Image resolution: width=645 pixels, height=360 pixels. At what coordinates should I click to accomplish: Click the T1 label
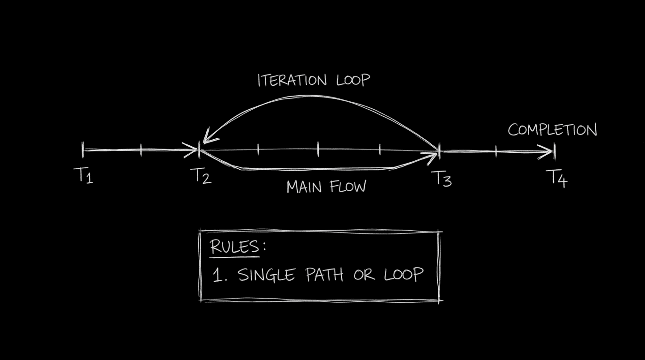point(83,175)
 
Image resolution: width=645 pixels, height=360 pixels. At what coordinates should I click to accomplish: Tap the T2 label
point(203,175)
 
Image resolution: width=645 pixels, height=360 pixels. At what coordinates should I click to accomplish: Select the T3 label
point(441,179)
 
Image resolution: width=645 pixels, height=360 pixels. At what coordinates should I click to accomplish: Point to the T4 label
point(556,179)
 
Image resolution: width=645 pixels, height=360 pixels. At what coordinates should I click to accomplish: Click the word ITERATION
point(292,80)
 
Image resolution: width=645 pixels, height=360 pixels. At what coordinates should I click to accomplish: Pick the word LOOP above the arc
point(353,80)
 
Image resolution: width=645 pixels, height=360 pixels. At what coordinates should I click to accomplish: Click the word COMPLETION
point(552,130)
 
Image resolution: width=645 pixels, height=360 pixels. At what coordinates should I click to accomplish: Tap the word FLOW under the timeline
point(348,187)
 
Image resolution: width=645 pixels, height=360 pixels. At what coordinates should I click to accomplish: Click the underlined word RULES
point(234,247)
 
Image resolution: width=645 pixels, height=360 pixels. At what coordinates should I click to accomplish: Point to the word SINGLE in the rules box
point(266,275)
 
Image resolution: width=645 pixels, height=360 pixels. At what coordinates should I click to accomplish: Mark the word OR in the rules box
point(364,275)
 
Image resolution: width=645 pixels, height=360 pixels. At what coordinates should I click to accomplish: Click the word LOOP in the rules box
point(404,274)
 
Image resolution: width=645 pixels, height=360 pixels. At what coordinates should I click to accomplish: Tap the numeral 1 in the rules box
point(217,275)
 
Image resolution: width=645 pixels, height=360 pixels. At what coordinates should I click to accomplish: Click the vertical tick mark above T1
point(83,150)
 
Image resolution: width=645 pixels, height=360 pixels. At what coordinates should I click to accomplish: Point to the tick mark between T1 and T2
point(141,150)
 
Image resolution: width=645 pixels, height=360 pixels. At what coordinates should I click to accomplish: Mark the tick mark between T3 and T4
point(496,151)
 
